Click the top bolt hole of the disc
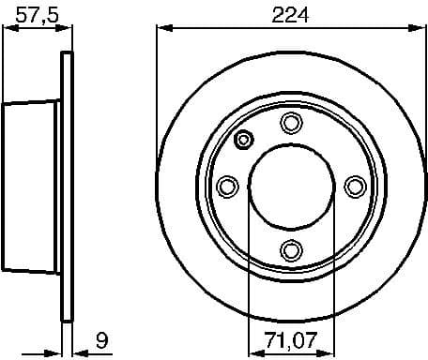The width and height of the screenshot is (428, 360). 290,123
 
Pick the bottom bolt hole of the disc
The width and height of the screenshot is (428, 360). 290,249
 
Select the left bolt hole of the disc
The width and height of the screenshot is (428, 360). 227,187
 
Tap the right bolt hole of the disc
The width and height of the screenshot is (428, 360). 354,187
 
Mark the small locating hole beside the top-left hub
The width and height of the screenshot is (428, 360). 244,141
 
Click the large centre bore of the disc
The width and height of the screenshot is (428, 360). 290,187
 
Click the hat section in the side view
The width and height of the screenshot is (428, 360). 33,187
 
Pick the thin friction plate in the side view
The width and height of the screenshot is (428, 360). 67,187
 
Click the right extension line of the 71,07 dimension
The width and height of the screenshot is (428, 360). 332,281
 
